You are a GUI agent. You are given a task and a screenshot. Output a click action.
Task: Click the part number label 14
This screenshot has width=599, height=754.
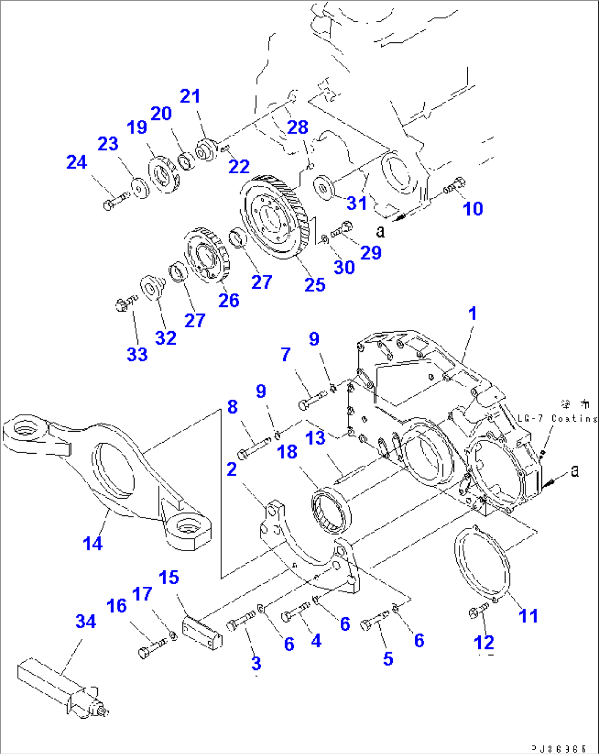(92, 543)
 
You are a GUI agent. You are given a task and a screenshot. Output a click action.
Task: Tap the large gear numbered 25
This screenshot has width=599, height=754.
(272, 218)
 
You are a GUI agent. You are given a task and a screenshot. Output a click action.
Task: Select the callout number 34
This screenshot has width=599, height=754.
(86, 621)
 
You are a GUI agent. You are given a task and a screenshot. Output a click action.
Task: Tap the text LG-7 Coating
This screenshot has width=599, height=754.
(557, 419)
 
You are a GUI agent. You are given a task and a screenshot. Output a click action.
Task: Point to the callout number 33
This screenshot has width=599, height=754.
(137, 354)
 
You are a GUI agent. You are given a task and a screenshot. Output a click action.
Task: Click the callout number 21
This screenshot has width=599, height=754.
(191, 96)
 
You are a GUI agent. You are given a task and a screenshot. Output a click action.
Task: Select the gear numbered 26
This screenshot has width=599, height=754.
(205, 256)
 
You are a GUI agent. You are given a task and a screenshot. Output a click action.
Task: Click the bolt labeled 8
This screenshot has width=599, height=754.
(253, 448)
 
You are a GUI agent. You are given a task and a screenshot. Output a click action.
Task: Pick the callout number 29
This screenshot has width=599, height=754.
(371, 252)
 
